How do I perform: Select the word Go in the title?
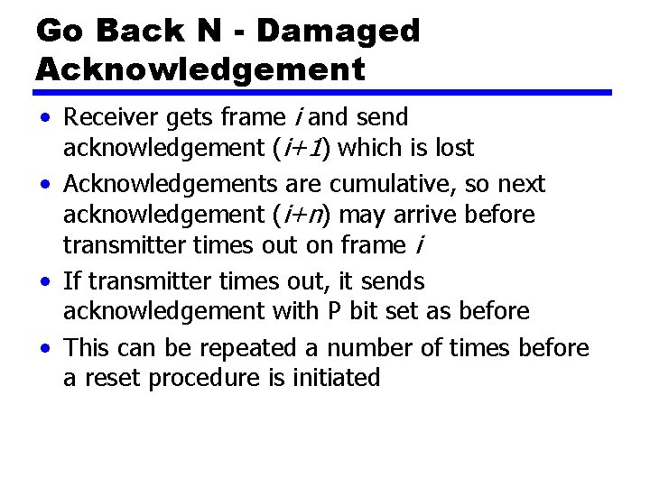(59, 32)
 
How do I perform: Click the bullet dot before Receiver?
(43, 118)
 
